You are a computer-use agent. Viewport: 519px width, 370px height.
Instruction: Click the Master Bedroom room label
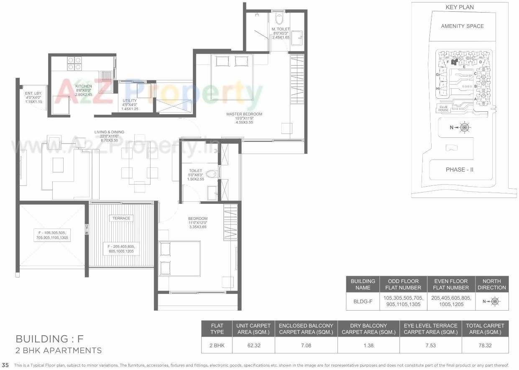pos(244,114)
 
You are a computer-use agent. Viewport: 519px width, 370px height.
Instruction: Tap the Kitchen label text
pos(83,86)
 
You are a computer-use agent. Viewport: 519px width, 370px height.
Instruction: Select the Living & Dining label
pos(109,132)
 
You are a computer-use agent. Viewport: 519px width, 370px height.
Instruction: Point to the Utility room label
pos(130,100)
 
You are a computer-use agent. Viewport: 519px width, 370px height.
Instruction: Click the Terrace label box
pos(121,218)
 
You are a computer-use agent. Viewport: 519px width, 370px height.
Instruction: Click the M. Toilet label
pos(280,29)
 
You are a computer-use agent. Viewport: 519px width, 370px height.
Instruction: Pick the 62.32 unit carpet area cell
pos(253,346)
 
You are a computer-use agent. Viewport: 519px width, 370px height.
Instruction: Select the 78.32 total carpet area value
pos(485,346)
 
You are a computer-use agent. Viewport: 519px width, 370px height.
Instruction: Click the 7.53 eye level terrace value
pos(430,346)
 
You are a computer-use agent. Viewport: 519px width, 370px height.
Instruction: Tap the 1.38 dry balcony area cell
pos(368,346)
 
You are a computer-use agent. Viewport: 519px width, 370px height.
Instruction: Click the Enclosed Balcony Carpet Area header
pos(306,329)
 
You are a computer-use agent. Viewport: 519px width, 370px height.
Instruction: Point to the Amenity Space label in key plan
pos(462,26)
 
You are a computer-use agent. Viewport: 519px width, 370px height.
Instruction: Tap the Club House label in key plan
pos(444,108)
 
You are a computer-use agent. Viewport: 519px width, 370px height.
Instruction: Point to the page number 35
pos(5,365)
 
